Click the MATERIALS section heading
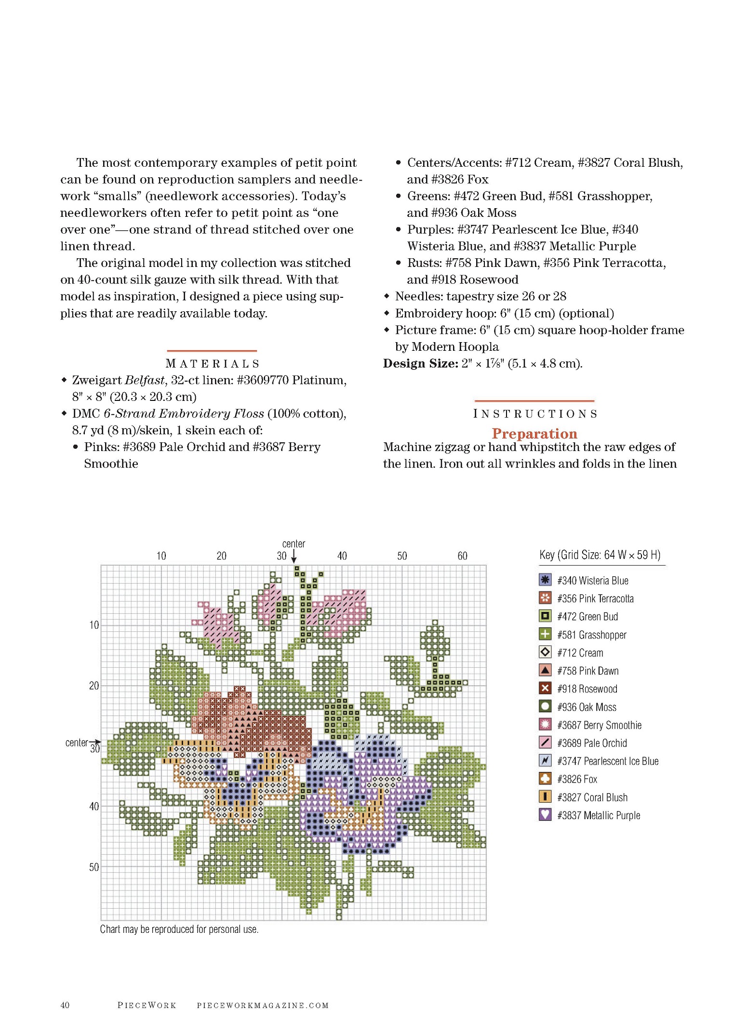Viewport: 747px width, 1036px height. (212, 364)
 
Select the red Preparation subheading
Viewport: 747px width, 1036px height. (534, 434)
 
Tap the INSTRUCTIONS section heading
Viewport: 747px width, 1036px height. (535, 414)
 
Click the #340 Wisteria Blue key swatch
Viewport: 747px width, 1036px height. (545, 580)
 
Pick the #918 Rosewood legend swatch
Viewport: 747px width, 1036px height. (545, 688)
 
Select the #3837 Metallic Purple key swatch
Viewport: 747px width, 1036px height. (545, 815)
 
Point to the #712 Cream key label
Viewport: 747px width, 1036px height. (580, 653)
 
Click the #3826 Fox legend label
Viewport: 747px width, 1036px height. (577, 779)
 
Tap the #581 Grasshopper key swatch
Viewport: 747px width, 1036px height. (545, 634)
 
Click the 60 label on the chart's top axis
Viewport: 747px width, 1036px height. (462, 556)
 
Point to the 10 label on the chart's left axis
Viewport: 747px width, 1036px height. (94, 625)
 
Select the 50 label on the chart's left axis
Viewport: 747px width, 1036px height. (94, 867)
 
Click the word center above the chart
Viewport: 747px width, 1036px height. (293, 544)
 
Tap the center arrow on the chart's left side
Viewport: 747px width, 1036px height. (95, 742)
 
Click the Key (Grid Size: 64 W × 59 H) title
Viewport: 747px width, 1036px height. (600, 555)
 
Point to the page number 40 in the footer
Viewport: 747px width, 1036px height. (65, 1005)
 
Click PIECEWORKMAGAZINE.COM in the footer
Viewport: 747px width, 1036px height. (263, 1006)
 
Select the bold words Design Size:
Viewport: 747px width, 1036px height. (420, 363)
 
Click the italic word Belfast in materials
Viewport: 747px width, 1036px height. (145, 380)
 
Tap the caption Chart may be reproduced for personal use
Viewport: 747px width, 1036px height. (179, 929)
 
